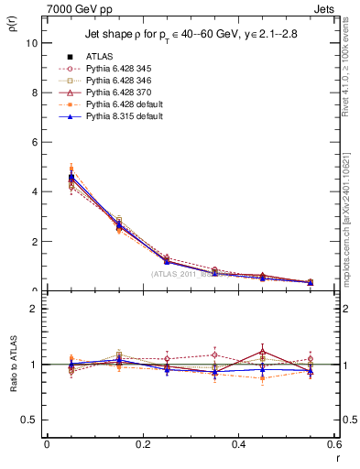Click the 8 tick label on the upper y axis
click(x=34, y=93)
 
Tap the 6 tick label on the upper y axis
click(x=34, y=142)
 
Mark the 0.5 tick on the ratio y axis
click(x=29, y=420)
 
